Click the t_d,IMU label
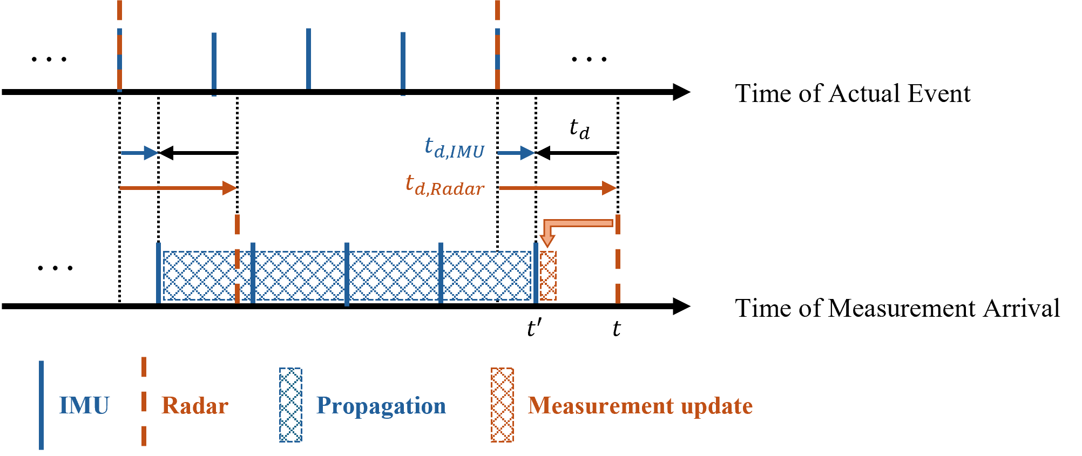coord(455,148)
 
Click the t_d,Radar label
coord(445,186)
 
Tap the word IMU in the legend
coord(84,406)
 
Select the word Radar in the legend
coord(195,406)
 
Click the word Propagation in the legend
coord(381,406)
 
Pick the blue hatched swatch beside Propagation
coord(290,405)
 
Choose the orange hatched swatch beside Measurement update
coord(502,405)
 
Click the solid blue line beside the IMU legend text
coord(42,405)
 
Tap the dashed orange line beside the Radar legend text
coord(144,402)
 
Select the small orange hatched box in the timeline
coord(548,276)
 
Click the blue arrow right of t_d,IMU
coord(516,153)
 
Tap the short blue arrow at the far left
coord(139,153)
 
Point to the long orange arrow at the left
coord(178,188)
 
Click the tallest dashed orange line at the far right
coord(618,259)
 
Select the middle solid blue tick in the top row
coord(308,58)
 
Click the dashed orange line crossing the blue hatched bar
coord(237,259)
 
